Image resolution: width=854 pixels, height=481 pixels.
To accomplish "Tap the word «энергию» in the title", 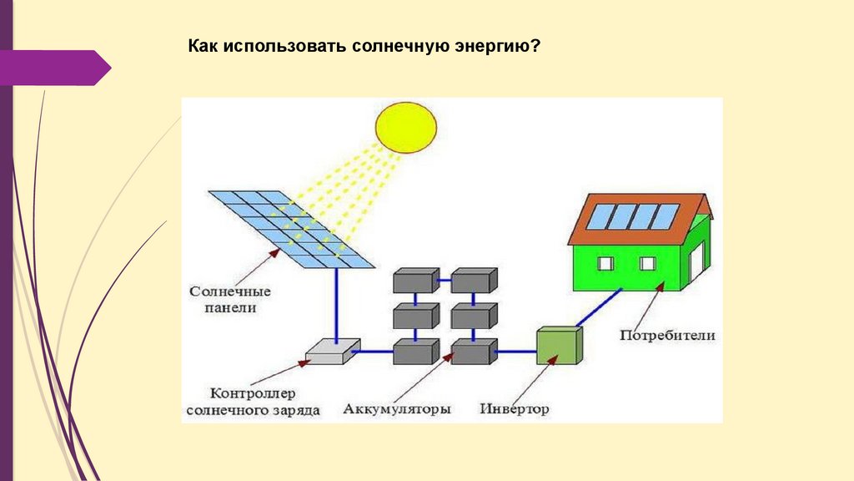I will tap(491, 47).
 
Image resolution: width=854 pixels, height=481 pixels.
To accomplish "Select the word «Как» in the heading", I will tap(202, 47).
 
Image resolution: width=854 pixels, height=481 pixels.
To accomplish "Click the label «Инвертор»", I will tap(515, 409).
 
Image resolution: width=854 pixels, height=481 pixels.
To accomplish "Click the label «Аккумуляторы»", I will tap(397, 410).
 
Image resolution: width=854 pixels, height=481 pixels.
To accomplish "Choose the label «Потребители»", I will tap(666, 336).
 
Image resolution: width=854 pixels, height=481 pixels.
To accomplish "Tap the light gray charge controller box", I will tap(332, 352).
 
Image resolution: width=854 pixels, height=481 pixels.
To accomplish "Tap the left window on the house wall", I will tap(606, 264).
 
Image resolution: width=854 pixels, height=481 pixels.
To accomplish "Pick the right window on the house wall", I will tap(647, 264).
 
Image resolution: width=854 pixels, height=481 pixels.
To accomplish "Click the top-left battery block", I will tap(414, 281).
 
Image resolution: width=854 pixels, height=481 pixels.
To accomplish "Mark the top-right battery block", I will tap(473, 281).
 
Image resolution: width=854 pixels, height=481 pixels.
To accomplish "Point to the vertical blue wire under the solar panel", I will tap(337, 305).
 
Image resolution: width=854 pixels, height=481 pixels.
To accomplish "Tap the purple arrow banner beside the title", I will tap(55, 68).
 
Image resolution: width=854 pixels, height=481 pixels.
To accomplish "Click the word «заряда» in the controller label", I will tap(294, 411).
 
